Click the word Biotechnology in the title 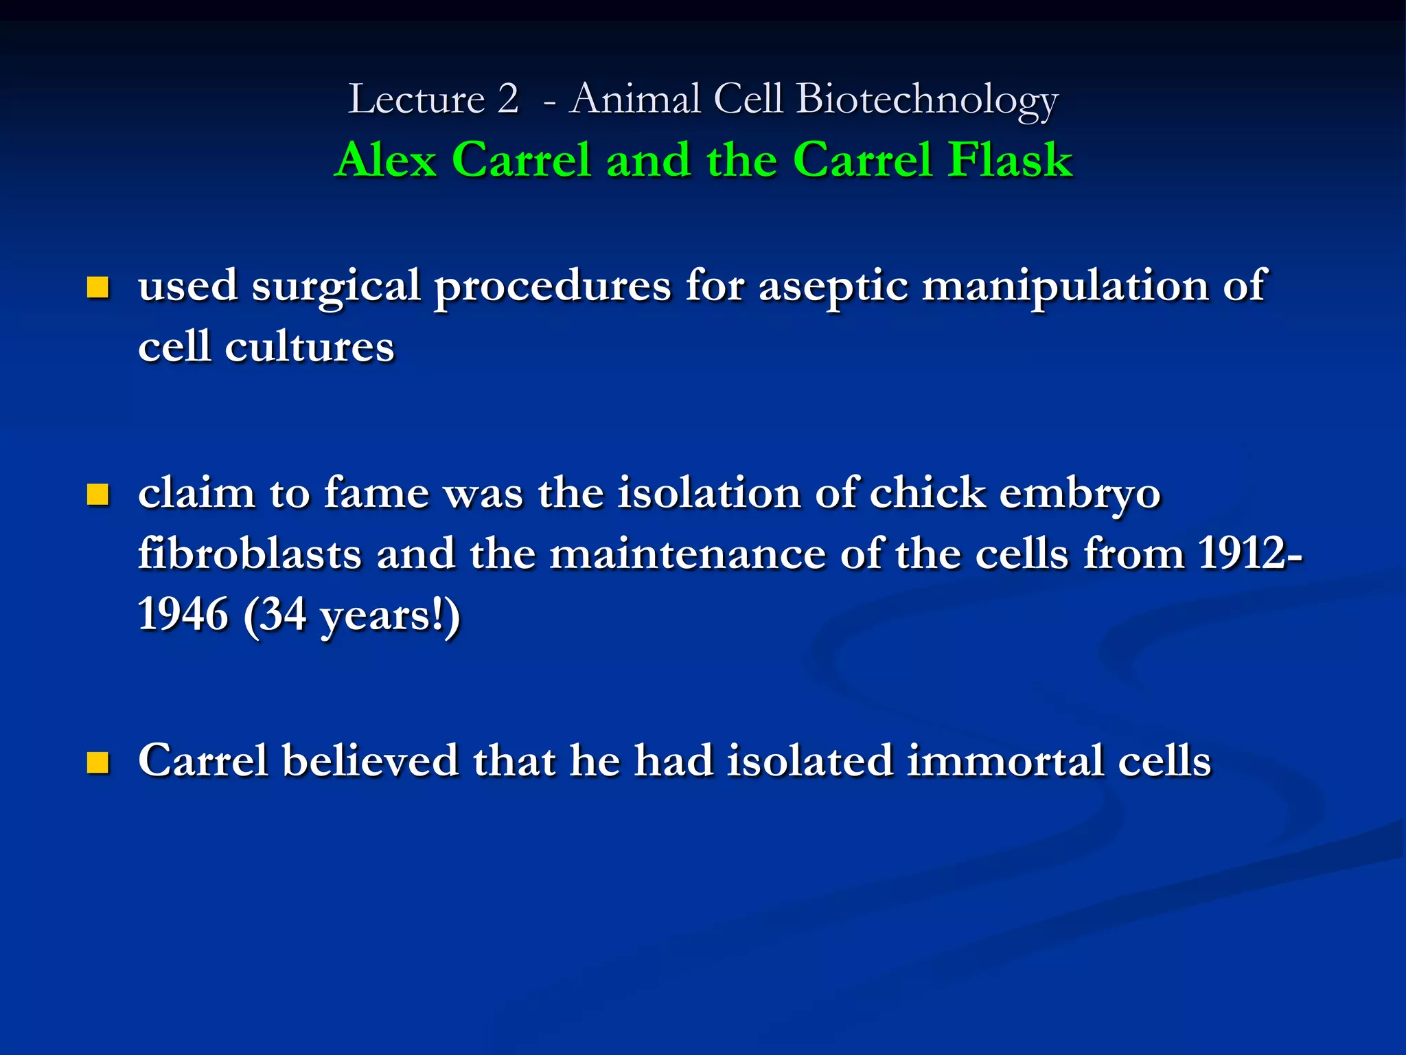[927, 100]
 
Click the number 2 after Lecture [508, 99]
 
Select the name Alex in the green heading [387, 160]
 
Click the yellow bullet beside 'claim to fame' [98, 495]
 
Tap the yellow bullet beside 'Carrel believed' [98, 762]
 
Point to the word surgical [336, 287]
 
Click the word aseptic [833, 287]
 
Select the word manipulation [1064, 286]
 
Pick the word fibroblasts [249, 554]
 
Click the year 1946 [183, 614]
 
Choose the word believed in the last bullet [370, 761]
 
